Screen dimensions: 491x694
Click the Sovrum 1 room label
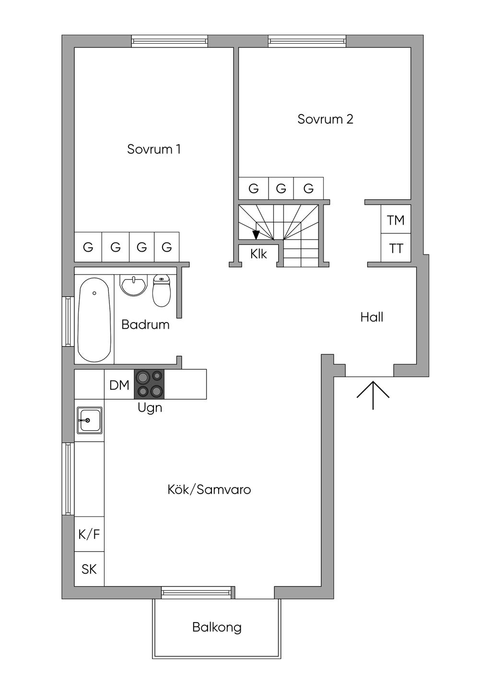click(154, 150)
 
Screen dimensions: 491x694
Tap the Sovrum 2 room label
click(325, 119)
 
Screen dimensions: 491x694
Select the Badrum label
click(145, 324)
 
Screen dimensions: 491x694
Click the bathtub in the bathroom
click(94, 320)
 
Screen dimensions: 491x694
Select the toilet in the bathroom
click(162, 290)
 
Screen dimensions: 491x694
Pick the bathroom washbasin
click(133, 286)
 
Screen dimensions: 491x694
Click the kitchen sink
click(89, 420)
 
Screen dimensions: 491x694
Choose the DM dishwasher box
click(119, 384)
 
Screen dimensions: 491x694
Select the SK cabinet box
click(89, 569)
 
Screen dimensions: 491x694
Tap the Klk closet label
click(258, 254)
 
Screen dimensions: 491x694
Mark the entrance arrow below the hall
click(373, 395)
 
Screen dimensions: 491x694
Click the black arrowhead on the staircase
click(256, 235)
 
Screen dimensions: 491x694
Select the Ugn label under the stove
click(150, 408)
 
